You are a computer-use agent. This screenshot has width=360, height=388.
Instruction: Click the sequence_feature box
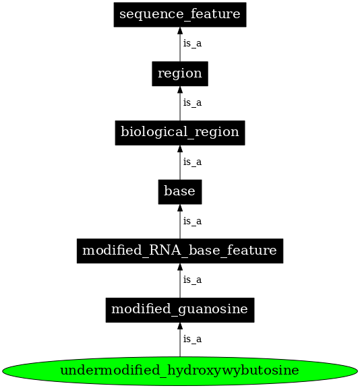(179, 14)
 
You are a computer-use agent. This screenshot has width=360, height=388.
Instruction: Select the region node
(179, 73)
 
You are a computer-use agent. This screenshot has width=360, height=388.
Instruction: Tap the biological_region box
(179, 132)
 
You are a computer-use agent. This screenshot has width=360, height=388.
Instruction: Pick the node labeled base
(179, 191)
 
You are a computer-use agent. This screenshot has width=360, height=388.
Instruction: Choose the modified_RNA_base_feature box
(179, 251)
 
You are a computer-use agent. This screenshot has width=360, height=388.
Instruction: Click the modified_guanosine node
(179, 310)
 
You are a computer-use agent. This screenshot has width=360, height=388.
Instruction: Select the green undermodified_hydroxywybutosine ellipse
(179, 371)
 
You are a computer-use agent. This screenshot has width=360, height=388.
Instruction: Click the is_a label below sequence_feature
(192, 44)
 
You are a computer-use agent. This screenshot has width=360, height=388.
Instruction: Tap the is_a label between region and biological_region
(192, 103)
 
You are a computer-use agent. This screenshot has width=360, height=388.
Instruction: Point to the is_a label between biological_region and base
(192, 162)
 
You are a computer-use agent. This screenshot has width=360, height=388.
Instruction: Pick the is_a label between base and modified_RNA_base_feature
(192, 221)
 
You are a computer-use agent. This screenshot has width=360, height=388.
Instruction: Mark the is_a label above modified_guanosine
(192, 280)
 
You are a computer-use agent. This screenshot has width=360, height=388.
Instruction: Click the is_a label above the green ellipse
(192, 339)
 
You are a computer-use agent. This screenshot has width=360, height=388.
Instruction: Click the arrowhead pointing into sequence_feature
(179, 31)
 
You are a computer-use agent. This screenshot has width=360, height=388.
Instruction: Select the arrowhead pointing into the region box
(179, 90)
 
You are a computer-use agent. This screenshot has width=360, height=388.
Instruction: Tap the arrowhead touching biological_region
(179, 149)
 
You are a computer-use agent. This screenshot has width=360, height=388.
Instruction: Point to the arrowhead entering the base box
(179, 208)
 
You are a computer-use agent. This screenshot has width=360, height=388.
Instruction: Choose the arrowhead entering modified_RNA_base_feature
(179, 267)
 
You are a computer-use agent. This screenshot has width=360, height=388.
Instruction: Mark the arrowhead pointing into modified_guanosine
(179, 327)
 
